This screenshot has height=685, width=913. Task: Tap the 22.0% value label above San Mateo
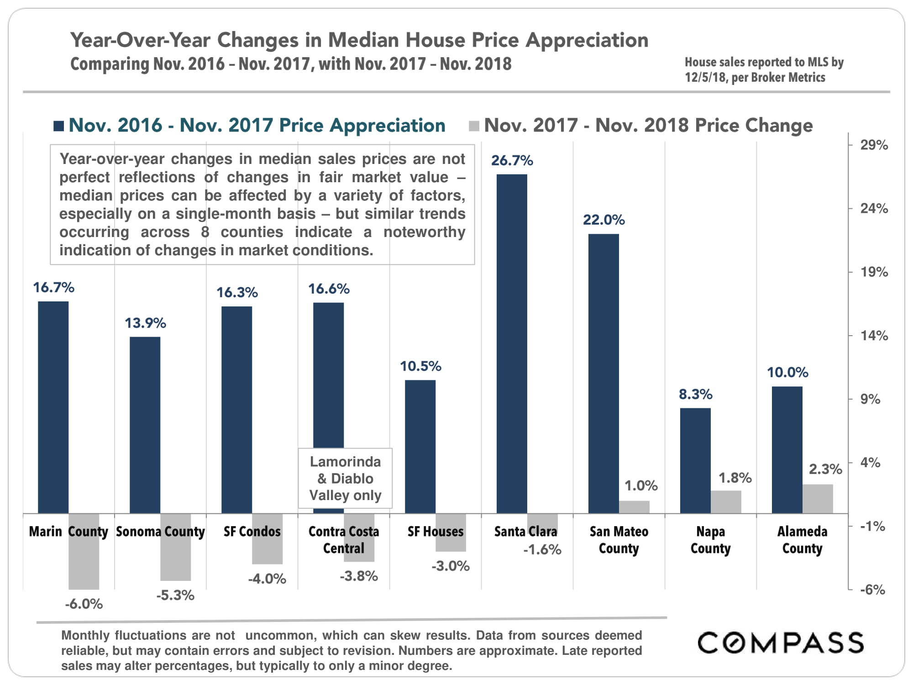pyautogui.click(x=603, y=220)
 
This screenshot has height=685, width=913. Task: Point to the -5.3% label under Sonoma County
pyautogui.click(x=175, y=595)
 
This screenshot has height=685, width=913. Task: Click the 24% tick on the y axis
pyautogui.click(x=874, y=209)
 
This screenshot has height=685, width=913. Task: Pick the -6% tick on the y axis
pyautogui.click(x=872, y=590)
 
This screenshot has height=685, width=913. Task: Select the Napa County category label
pyautogui.click(x=710, y=540)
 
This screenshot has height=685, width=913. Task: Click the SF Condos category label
pyautogui.click(x=252, y=532)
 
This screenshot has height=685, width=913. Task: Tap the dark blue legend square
pyautogui.click(x=58, y=126)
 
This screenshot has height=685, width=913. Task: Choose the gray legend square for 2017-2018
pyautogui.click(x=474, y=126)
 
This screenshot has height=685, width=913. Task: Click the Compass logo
pyautogui.click(x=781, y=643)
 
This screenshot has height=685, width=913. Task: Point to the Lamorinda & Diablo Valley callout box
pyautogui.click(x=345, y=478)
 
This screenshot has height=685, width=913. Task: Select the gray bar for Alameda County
pyautogui.click(x=818, y=499)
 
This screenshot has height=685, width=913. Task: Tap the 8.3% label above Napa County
pyautogui.click(x=695, y=395)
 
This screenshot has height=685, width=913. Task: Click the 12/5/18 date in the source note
pyautogui.click(x=705, y=78)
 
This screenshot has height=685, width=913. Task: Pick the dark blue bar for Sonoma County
pyautogui.click(x=145, y=425)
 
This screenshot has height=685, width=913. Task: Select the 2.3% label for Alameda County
pyautogui.click(x=825, y=469)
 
